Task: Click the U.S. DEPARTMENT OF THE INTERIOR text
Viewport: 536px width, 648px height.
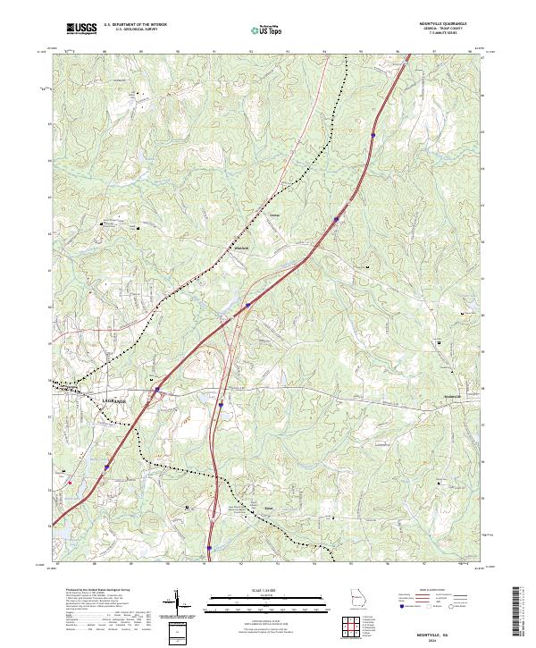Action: tap(135, 24)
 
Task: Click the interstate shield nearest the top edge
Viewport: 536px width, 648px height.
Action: tap(373, 136)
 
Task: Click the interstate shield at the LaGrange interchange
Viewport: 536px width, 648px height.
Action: tap(155, 390)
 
